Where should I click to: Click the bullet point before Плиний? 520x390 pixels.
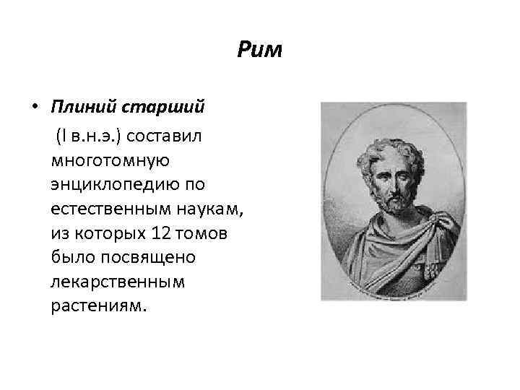[x=35, y=108]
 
